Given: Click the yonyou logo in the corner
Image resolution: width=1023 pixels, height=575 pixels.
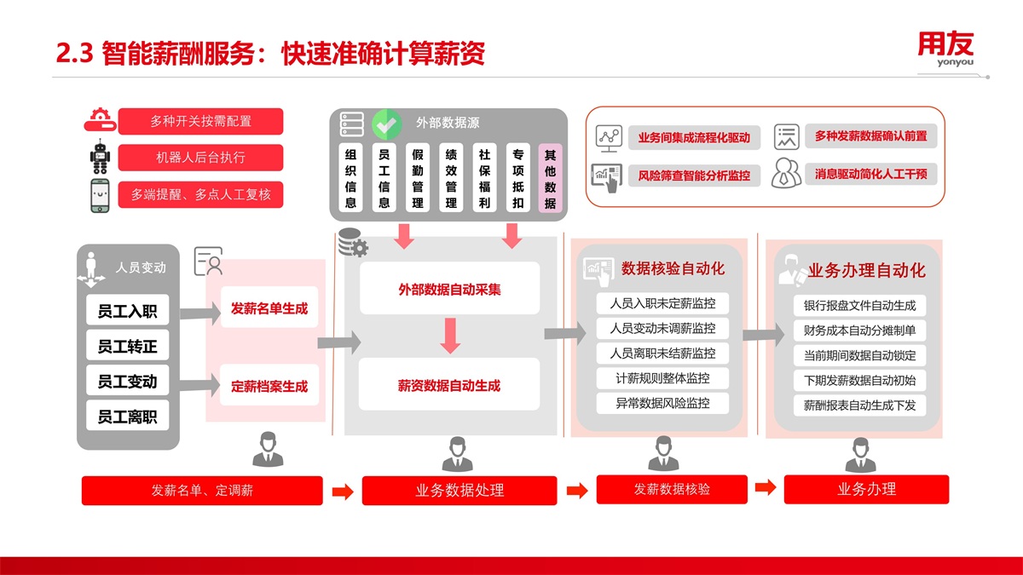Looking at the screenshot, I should coord(945,49).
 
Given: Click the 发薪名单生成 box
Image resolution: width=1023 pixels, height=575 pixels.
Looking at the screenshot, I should coord(269,308).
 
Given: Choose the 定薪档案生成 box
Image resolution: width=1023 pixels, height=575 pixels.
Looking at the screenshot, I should coord(269,386).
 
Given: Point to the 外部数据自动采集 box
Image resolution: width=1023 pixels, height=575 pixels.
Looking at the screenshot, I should coord(449,289).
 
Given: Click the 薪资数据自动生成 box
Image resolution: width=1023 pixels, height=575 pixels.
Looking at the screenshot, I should coord(449,385).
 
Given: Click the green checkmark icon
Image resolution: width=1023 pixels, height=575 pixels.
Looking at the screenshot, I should coord(387,124).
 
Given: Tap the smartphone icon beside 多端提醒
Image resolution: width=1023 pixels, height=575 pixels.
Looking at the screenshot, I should coord(101,195).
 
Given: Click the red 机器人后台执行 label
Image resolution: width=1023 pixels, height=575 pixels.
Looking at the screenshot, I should coord(200,158).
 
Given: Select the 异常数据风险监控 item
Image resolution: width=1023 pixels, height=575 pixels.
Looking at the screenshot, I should coord(662,403).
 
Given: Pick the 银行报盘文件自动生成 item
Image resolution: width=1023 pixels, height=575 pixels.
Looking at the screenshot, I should coord(859,305).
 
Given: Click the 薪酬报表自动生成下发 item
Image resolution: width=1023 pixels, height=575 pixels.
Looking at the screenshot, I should coord(859,405).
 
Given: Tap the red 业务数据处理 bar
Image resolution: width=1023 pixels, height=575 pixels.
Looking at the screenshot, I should coord(459,491).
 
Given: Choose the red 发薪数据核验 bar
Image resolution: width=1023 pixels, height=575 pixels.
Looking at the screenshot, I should coord(672,489).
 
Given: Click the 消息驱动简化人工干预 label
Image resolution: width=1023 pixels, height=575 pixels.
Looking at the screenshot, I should coord(870,174).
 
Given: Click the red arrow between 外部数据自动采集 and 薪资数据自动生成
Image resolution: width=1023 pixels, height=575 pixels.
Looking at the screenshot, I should coord(450,336).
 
